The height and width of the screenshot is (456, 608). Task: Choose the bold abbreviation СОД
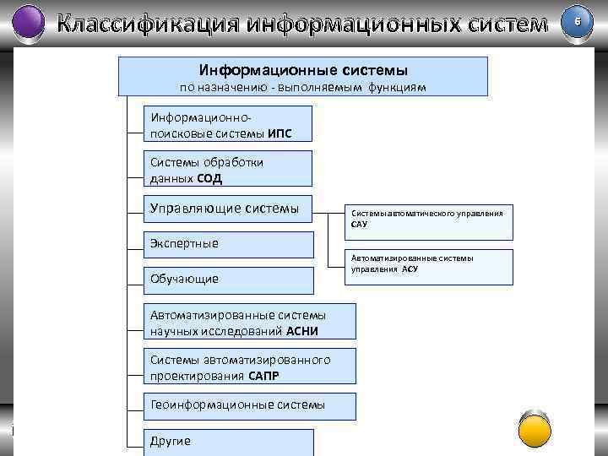pos(210,179)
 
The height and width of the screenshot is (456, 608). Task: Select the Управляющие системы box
pos(225,208)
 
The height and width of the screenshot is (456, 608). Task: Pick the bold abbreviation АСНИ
pos(302,331)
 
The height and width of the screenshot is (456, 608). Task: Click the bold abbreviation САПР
pos(264,376)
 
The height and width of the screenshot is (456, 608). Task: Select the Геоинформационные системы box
pos(237,404)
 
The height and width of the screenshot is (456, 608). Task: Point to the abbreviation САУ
pos(360,225)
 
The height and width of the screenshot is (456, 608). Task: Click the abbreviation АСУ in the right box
pos(410,269)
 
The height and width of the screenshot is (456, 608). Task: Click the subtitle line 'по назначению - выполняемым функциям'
pos(303,87)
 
